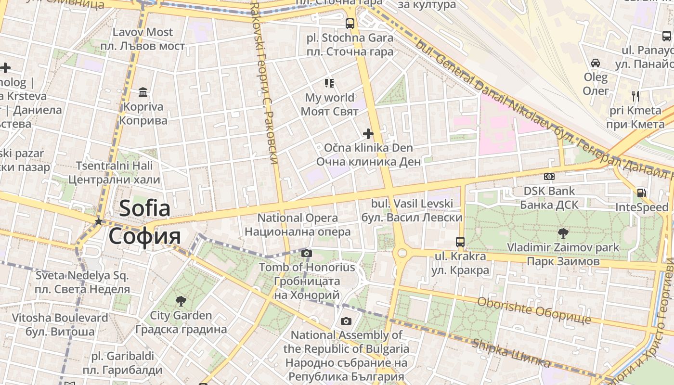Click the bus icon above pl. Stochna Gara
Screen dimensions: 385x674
[x=350, y=23]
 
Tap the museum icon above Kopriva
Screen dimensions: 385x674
[x=143, y=92]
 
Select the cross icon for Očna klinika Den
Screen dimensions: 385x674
[x=368, y=133]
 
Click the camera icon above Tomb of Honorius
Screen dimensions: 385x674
[x=307, y=254]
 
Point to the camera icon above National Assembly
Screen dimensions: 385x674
[x=346, y=321]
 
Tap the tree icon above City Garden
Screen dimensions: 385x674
[x=181, y=302]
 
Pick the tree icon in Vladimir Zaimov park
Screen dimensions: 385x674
[x=563, y=233]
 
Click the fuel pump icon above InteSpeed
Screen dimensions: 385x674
[x=641, y=193]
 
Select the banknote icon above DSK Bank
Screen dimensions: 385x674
[x=549, y=177]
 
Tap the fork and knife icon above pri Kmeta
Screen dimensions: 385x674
[x=635, y=96]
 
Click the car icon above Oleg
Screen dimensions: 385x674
[x=596, y=63]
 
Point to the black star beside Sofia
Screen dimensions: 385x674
[x=98, y=221]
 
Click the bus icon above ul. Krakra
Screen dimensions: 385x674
[x=460, y=242]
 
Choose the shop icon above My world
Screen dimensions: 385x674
[x=329, y=83]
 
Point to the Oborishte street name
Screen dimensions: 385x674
[x=533, y=311]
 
